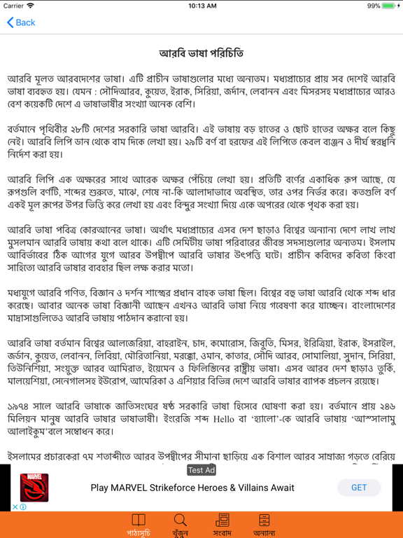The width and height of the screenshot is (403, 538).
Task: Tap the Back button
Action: tap(21, 22)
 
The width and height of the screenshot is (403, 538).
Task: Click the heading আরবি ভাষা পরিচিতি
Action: tap(201, 53)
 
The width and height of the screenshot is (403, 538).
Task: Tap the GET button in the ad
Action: tap(358, 488)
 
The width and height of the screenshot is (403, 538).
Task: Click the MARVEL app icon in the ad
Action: tap(34, 488)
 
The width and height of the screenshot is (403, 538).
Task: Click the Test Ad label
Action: tap(201, 470)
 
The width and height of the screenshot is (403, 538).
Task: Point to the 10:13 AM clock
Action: tap(201, 6)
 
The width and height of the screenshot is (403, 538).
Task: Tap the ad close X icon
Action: tap(15, 506)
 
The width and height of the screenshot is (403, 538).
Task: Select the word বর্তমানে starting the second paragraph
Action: tap(28, 130)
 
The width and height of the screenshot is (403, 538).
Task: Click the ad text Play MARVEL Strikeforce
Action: tap(192, 488)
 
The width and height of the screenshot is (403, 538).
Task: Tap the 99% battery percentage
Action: tap(373, 6)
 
